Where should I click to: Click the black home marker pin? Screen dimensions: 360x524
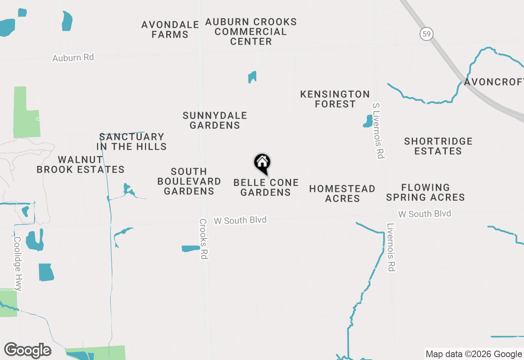coord(262,163)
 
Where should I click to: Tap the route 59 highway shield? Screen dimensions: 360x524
coord(427,34)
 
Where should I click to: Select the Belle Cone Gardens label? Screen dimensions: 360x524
coord(266,187)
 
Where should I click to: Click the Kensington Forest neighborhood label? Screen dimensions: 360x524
coord(335,99)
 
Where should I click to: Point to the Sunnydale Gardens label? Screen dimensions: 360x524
coord(215,121)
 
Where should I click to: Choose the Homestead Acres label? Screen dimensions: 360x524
coord(342,193)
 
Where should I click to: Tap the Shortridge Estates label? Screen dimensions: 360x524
coord(438,146)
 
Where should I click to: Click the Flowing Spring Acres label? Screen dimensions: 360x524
coord(425,192)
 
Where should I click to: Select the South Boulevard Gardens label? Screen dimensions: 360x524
coord(189,181)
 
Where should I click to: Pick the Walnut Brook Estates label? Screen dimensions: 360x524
coord(81,164)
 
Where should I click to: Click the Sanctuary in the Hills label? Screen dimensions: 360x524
coord(131,142)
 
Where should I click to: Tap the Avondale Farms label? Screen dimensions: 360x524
coord(170,30)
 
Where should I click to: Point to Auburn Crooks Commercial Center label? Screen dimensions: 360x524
coord(251,32)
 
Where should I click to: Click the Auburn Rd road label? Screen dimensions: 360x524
coord(73,58)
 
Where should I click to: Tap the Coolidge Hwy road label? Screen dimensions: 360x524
coord(18,264)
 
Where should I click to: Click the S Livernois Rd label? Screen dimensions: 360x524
coord(378,131)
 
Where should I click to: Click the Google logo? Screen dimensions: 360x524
coord(28,351)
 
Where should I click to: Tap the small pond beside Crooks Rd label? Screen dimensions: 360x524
coord(190,248)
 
